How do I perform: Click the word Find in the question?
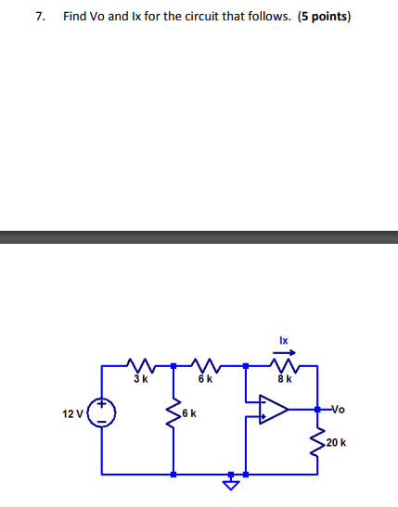point(75,17)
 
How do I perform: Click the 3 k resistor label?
point(140,378)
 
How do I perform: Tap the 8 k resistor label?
point(285,378)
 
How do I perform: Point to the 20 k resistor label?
point(336,442)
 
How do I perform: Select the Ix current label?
point(284,340)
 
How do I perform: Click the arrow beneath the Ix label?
point(284,351)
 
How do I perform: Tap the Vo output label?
point(338,408)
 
